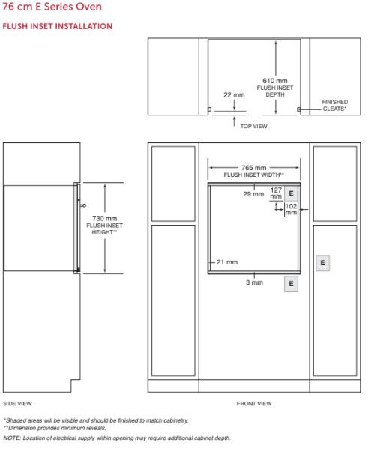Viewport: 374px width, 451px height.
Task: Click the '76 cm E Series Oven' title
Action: [52, 7]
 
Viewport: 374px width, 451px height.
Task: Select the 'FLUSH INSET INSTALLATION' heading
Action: [58, 26]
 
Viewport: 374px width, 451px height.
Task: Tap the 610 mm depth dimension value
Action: [275, 81]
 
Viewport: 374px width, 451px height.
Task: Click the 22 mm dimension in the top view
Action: [234, 95]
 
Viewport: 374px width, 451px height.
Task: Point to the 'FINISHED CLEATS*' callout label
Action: [334, 106]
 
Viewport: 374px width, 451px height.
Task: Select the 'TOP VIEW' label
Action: [254, 126]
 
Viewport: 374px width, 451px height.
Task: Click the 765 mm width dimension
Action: [253, 168]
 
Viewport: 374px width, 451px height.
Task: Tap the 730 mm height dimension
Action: [104, 218]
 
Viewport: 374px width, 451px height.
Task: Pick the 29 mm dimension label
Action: [253, 194]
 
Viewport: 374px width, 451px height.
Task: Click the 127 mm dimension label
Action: [276, 193]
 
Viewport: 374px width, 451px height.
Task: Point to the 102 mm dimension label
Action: [291, 209]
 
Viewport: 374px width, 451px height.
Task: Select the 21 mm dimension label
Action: [227, 262]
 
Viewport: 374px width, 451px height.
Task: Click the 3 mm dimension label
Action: [254, 282]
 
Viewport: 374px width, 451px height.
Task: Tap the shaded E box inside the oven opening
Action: [291, 193]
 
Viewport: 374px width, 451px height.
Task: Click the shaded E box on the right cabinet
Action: [322, 263]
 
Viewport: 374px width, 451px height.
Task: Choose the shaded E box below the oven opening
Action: [291, 284]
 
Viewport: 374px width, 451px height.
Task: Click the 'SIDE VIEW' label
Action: [17, 404]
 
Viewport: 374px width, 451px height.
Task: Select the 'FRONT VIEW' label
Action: [254, 404]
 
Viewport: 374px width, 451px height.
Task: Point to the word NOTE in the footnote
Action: [11, 438]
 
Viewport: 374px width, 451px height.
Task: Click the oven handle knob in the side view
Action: [84, 205]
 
